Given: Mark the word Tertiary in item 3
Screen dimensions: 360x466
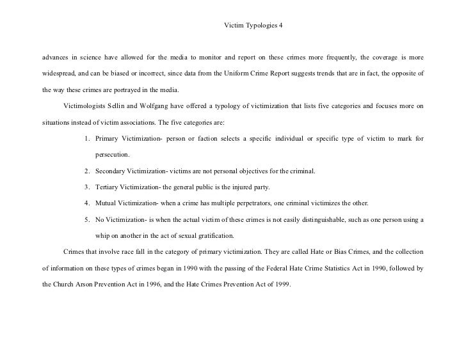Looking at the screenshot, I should pyautogui.click(x=108, y=187).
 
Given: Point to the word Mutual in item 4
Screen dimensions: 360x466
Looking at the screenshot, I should pyautogui.click(x=106, y=204).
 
